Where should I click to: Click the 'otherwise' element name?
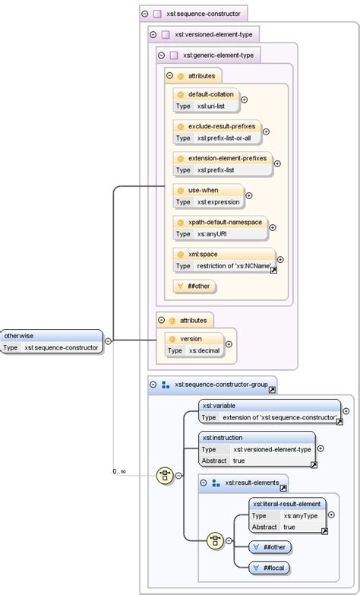coord(20,335)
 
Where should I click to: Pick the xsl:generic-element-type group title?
coord(218,55)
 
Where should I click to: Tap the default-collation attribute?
coord(211,94)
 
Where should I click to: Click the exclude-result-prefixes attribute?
coord(221,126)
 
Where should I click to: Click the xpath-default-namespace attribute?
coord(225,222)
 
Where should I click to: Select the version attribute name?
coord(191,339)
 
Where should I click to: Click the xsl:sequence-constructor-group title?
coord(220,385)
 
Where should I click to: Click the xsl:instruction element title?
coord(222,438)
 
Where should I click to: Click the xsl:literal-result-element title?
coord(287,504)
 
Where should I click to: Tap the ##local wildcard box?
coord(276,567)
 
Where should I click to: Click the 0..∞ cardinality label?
coord(119,471)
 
